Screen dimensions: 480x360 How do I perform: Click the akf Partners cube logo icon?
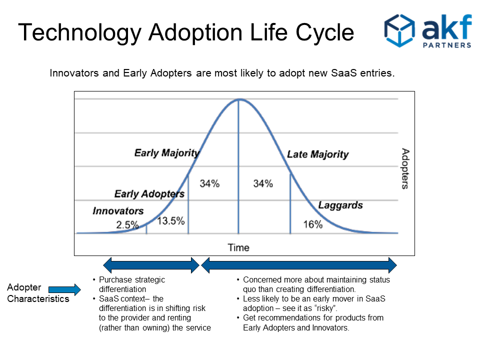tap(399, 30)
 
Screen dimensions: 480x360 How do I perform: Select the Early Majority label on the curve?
tap(167, 153)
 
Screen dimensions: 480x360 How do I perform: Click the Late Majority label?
tap(318, 154)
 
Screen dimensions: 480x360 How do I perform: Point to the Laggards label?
tap(340, 205)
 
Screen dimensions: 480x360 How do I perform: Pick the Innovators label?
tap(118, 211)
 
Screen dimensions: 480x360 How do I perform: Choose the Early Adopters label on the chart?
tap(149, 194)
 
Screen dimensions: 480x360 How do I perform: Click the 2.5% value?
tap(127, 225)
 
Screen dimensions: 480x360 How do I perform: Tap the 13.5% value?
tap(171, 221)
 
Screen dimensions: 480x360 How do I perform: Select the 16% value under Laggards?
tap(313, 224)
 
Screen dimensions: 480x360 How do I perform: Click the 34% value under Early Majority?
tap(209, 183)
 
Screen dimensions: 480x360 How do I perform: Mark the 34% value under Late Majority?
tap(263, 183)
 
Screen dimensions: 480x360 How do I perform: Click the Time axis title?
tap(238, 247)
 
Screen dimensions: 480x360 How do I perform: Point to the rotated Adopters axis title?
tap(405, 168)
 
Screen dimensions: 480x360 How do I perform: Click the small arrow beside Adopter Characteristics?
tap(64, 289)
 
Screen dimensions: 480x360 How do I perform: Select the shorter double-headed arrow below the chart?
tap(151, 265)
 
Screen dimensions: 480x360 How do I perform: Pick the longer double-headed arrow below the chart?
tap(299, 265)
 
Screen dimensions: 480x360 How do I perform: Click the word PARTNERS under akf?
tap(447, 45)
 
